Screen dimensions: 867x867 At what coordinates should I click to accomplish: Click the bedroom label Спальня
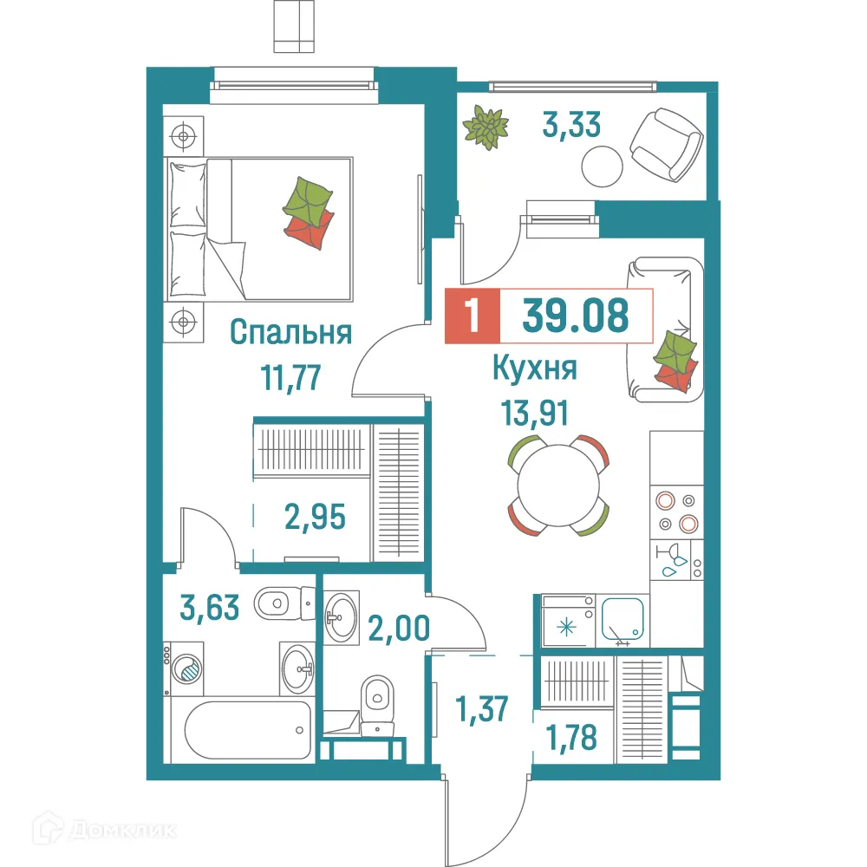coord(291,333)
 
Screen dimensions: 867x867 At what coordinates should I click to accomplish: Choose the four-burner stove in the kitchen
coord(676,512)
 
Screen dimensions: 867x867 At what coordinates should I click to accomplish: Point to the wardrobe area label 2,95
coord(316,518)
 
